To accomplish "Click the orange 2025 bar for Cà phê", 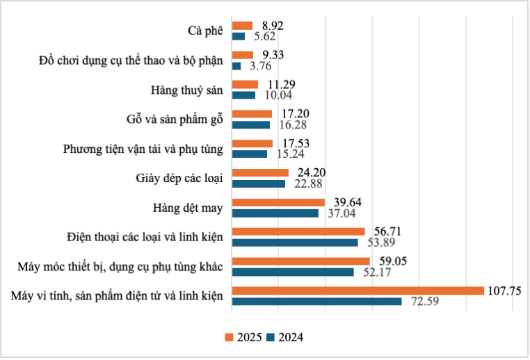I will pyautogui.click(x=242, y=26).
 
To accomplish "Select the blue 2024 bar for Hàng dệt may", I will pyautogui.click(x=275, y=213).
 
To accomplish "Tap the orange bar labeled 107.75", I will pyautogui.click(x=358, y=291).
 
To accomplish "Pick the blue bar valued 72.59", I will pyautogui.click(x=316, y=302).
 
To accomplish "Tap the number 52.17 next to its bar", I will pyautogui.click(x=376, y=272).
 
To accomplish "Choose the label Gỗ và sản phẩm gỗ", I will pyautogui.click(x=170, y=120).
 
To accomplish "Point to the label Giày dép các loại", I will pyautogui.click(x=179, y=178).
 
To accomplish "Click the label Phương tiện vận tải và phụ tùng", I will pyautogui.click(x=143, y=149).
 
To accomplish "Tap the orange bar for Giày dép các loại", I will pyautogui.click(x=259, y=172).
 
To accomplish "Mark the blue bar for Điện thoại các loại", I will pyautogui.click(x=294, y=243).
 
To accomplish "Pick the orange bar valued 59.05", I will pyautogui.click(x=300, y=261).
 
